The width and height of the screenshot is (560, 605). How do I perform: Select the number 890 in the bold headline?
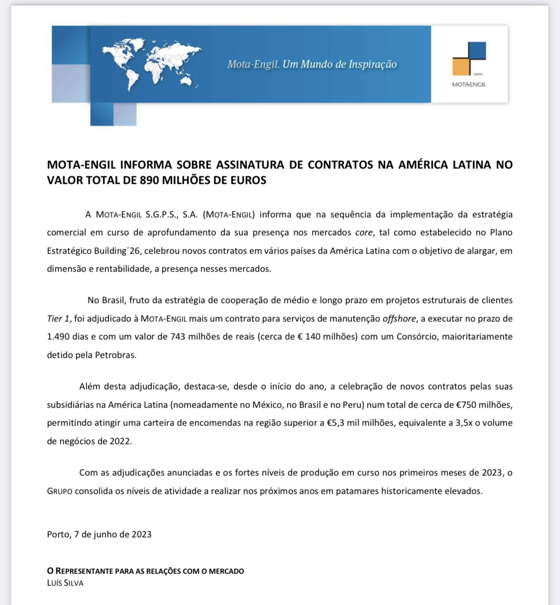(x=150, y=180)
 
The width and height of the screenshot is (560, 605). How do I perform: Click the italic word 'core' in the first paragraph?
(x=364, y=233)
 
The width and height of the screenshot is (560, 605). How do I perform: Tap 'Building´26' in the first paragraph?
(x=116, y=251)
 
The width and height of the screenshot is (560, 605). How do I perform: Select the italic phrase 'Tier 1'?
(x=59, y=319)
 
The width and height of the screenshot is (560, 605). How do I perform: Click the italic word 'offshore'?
(x=399, y=319)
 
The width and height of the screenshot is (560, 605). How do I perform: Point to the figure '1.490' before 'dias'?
(x=58, y=337)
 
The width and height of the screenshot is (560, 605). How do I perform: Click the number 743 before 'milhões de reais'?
(x=178, y=337)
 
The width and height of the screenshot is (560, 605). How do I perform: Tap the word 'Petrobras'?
(x=115, y=355)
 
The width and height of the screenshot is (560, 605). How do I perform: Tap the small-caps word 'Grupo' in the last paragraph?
(x=60, y=491)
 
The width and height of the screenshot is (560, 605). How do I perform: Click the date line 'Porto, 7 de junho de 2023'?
(x=99, y=534)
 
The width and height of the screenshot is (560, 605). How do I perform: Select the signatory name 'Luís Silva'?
(x=65, y=583)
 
